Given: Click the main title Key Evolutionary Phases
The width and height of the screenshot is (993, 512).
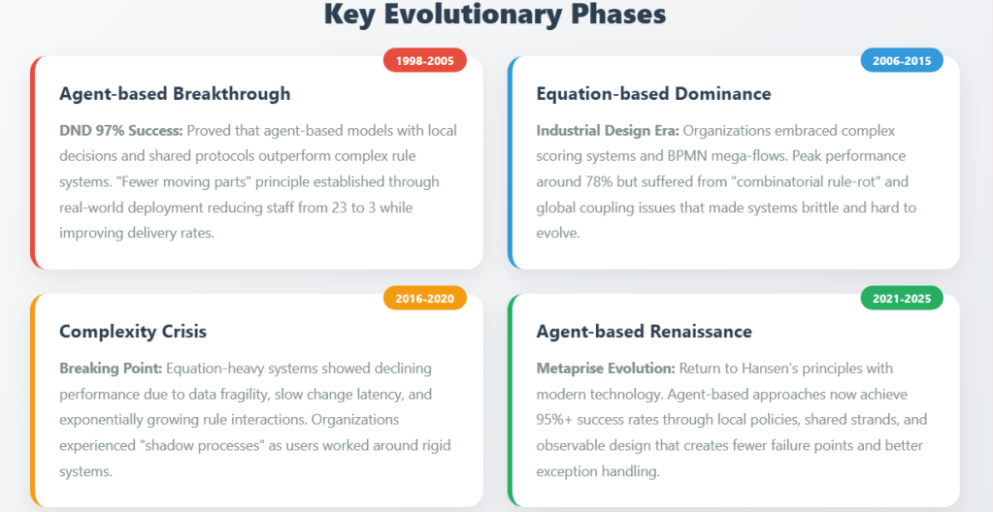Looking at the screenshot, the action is [495, 15].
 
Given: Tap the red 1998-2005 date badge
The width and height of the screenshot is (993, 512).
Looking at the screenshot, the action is [425, 61].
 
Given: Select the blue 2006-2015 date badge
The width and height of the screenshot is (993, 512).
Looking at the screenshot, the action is [901, 61].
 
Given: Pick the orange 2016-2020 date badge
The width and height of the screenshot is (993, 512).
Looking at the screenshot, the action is [425, 299].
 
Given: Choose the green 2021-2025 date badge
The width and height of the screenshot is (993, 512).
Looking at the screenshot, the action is [901, 299].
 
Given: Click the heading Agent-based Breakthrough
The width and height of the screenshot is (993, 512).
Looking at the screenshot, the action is [175, 94].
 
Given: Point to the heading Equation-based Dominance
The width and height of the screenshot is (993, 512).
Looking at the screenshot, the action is [653, 94].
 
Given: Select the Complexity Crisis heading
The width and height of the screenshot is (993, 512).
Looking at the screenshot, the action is [133, 332].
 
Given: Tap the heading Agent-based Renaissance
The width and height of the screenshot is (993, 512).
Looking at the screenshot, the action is [645, 331].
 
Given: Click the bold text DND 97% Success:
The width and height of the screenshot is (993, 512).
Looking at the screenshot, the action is [121, 130].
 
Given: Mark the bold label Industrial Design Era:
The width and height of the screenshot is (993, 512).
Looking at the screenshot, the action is [608, 131].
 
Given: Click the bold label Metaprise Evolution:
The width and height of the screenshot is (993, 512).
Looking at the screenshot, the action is [606, 368].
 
